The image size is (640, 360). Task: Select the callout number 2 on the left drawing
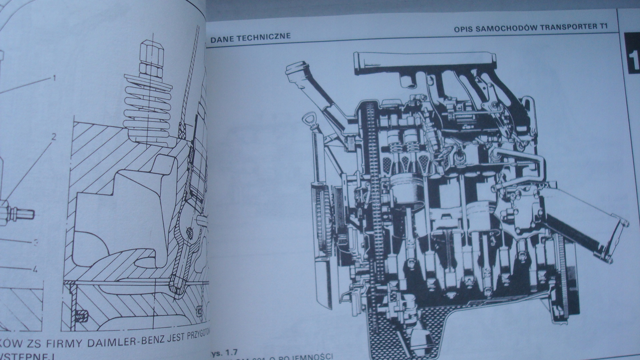point(53,137)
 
